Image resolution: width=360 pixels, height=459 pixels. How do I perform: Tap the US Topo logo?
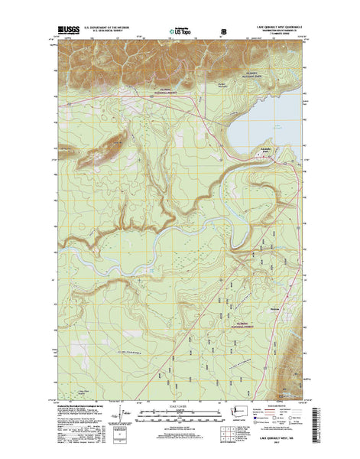[x=180, y=33]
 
